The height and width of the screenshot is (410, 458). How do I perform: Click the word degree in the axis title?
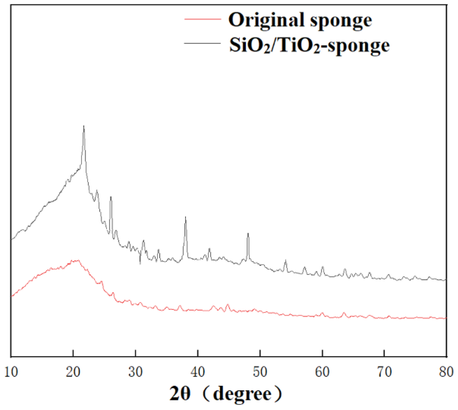(242, 395)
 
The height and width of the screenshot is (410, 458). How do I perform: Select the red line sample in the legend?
(202, 19)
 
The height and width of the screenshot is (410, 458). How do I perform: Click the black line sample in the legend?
(202, 43)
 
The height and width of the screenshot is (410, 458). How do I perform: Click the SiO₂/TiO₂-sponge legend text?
(309, 45)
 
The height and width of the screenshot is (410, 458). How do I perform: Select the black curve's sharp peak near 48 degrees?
(248, 233)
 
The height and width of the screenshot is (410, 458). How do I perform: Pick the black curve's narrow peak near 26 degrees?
(111, 197)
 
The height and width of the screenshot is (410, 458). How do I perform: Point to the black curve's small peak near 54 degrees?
(286, 261)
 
